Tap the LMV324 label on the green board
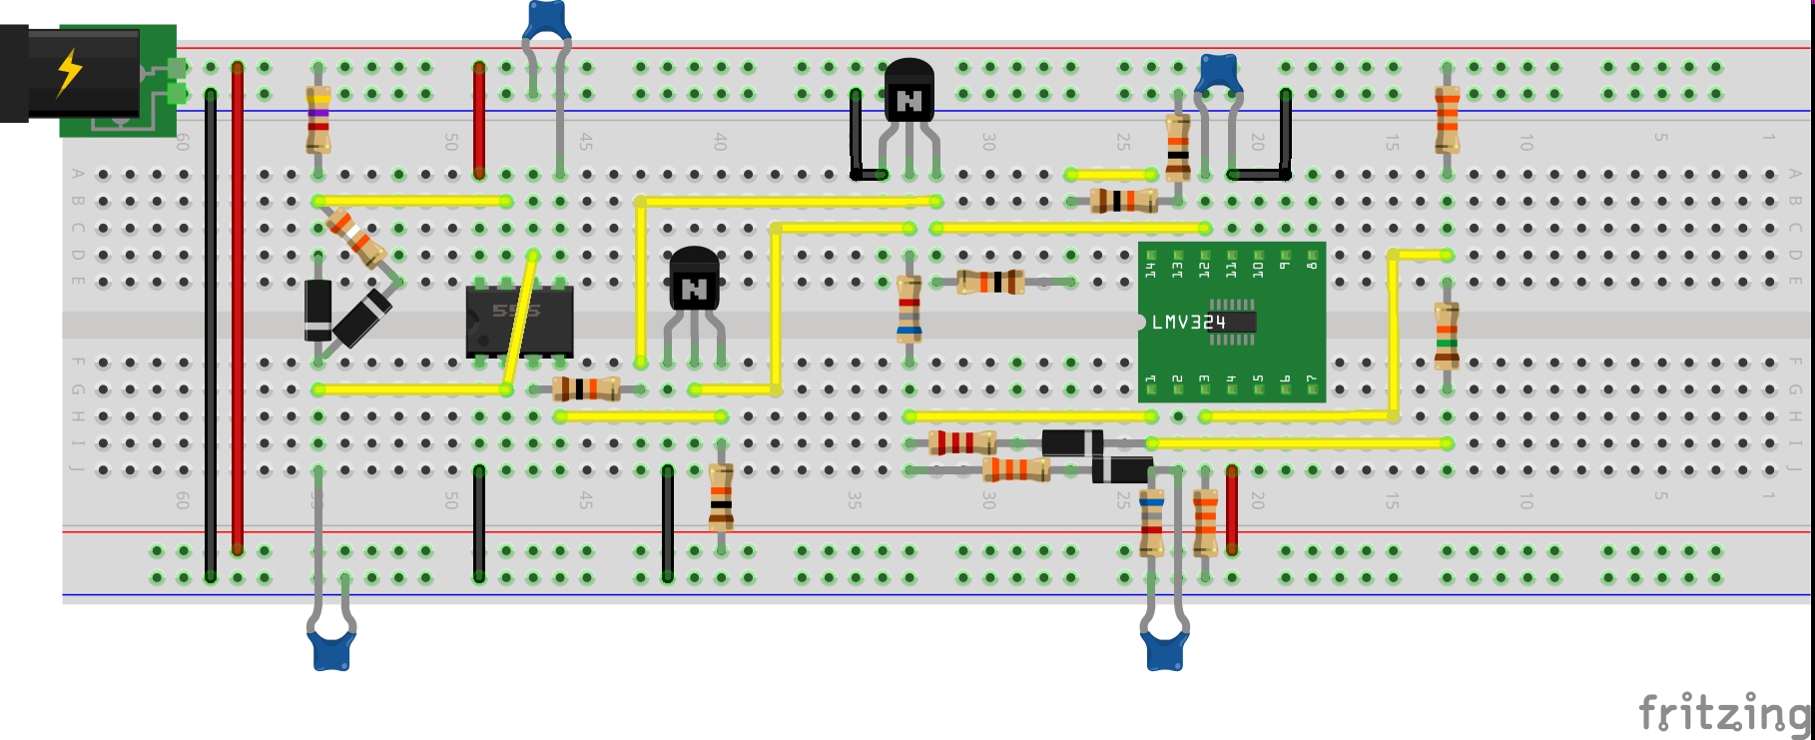(1188, 323)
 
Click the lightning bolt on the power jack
(69, 72)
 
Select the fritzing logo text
(1723, 713)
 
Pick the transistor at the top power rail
(908, 92)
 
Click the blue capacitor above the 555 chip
(546, 20)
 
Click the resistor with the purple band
(318, 118)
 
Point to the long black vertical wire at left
(211, 335)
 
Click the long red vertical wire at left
(238, 310)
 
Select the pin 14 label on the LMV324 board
(1150, 268)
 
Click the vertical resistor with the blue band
(908, 310)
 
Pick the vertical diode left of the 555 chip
(317, 311)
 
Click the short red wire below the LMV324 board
(1232, 509)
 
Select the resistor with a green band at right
(1447, 336)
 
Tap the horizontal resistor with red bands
(961, 442)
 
